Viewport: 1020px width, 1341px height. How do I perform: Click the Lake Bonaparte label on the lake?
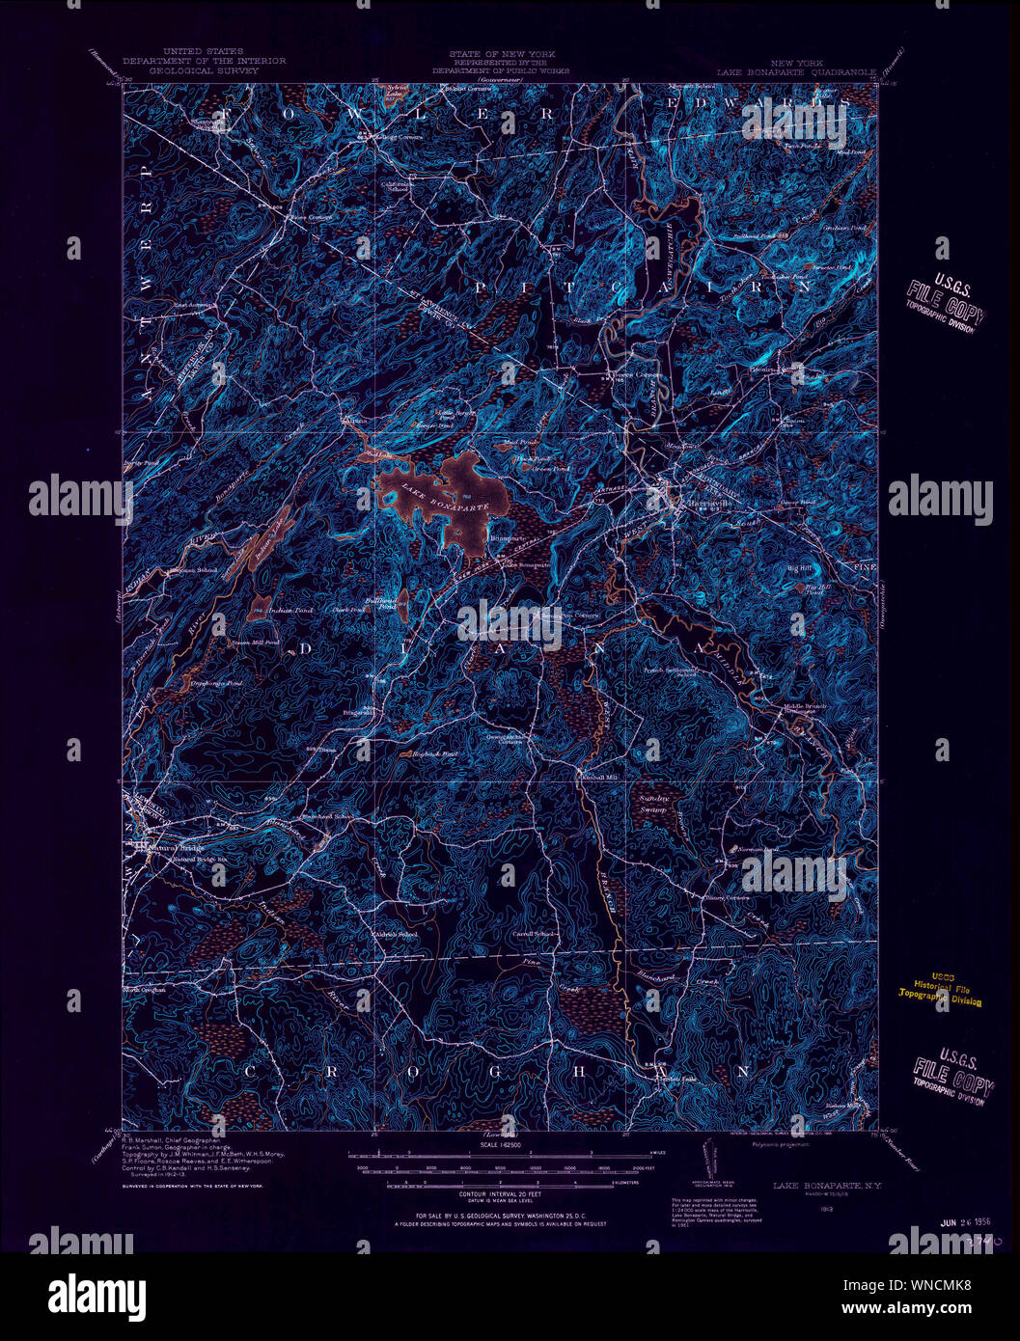445,497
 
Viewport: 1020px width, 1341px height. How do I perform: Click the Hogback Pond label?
431,753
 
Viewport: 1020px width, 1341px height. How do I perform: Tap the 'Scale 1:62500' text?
501,1145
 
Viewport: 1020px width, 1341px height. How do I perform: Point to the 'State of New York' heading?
501,54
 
